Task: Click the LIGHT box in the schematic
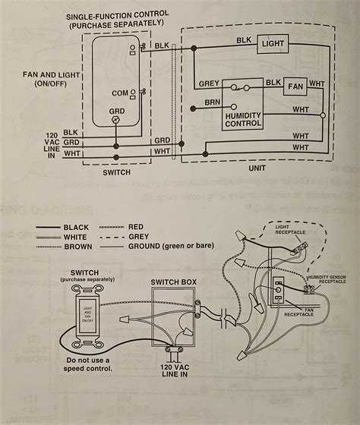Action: (273, 43)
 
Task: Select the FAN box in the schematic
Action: (296, 87)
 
